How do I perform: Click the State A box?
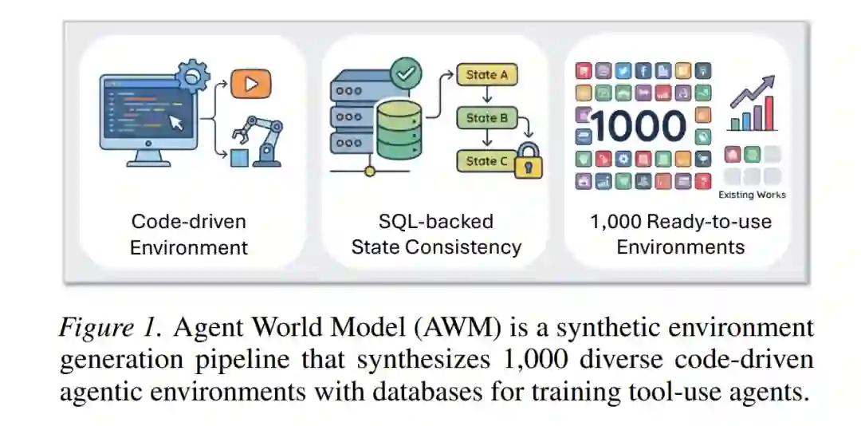pyautogui.click(x=487, y=76)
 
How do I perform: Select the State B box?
pyautogui.click(x=487, y=118)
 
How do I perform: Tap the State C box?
pyautogui.click(x=487, y=161)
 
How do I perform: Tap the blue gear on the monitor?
pyautogui.click(x=192, y=77)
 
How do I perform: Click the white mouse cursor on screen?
pyautogui.click(x=176, y=122)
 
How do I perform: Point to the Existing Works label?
pyautogui.click(x=752, y=195)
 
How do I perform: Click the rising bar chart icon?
pyautogui.click(x=753, y=105)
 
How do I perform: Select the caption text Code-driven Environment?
pyautogui.click(x=189, y=234)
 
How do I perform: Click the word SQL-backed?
pyautogui.click(x=436, y=221)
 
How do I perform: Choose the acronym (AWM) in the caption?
pyautogui.click(x=442, y=327)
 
